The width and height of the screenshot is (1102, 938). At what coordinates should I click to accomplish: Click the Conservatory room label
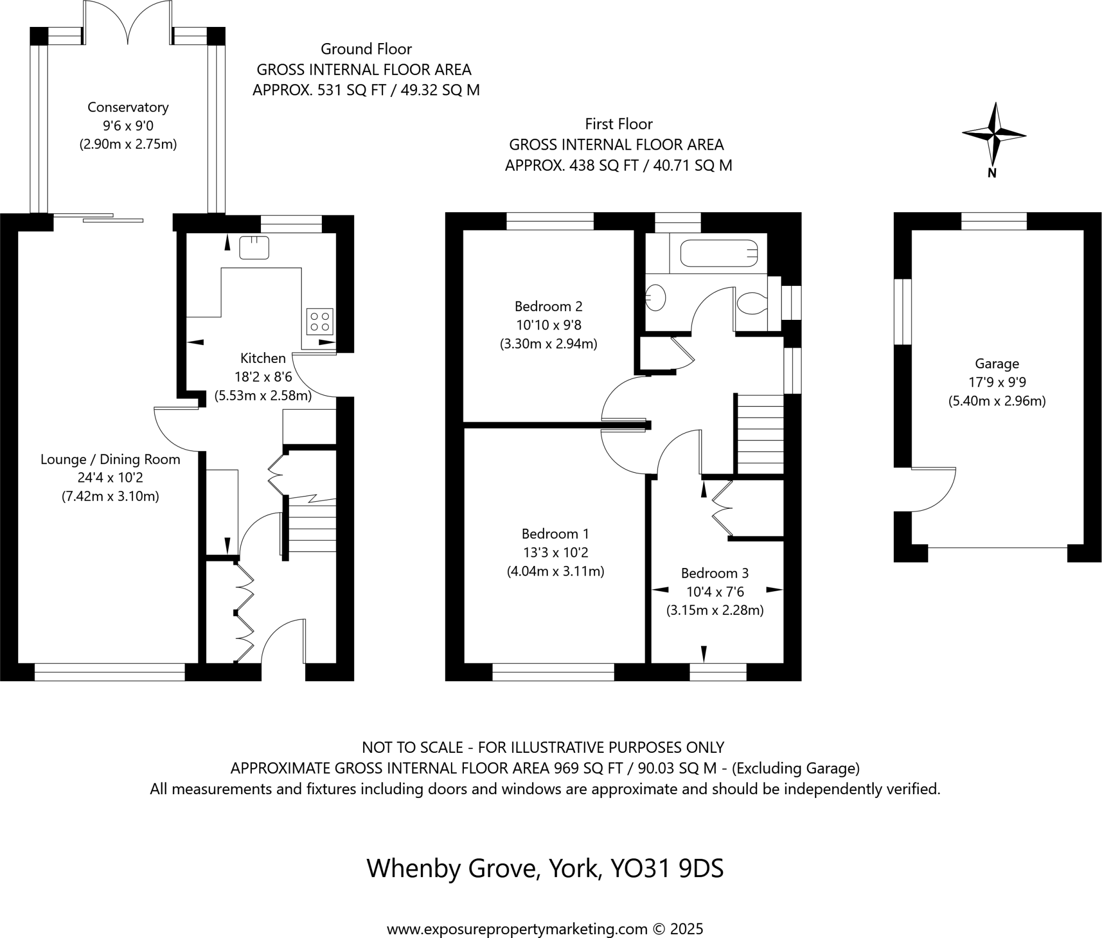(128, 107)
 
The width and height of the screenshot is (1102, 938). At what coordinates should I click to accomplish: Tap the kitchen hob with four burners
(320, 321)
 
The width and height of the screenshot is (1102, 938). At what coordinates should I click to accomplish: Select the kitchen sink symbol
(254, 248)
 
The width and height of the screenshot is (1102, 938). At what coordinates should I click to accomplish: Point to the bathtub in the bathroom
(719, 254)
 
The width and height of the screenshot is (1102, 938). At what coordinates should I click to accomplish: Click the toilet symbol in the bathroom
(752, 304)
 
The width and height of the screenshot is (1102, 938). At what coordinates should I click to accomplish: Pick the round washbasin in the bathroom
(655, 297)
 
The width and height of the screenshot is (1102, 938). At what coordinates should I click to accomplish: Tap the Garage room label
(997, 364)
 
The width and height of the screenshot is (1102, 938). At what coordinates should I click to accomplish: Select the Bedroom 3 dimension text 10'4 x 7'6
(715, 592)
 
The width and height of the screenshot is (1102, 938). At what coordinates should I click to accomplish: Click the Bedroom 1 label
(555, 534)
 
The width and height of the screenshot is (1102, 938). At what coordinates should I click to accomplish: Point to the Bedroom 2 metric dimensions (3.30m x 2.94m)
(548, 344)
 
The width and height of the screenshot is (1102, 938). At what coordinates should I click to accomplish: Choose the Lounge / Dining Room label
(110, 459)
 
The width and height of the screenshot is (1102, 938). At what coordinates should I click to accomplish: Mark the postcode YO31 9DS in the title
(667, 869)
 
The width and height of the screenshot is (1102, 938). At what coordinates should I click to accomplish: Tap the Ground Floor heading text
(366, 49)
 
